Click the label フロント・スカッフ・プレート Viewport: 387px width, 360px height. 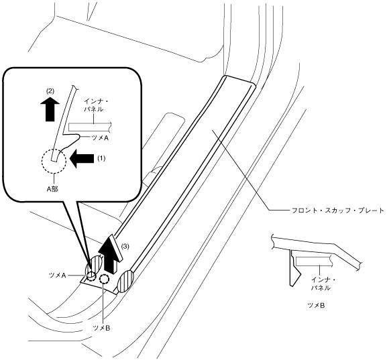[337, 211]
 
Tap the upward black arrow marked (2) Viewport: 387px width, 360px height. [50, 108]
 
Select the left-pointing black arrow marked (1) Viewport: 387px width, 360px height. [82, 159]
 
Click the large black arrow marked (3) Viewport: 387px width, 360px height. [111, 253]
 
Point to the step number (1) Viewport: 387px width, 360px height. [100, 158]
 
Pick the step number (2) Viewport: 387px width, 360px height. [50, 91]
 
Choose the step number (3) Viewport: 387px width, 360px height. [125, 246]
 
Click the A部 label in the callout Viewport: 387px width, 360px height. [52, 189]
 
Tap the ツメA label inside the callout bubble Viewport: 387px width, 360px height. [100, 138]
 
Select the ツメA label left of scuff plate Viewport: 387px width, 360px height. [57, 276]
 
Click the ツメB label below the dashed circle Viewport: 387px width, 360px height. [101, 328]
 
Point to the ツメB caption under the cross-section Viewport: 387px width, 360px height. [316, 306]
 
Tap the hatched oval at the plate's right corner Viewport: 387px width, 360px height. [125, 282]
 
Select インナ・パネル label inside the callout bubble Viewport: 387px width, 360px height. [93, 105]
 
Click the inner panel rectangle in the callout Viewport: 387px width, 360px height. [90, 127]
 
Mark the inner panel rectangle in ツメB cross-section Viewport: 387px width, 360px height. [313, 261]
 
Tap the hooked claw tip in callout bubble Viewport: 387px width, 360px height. [78, 136]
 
